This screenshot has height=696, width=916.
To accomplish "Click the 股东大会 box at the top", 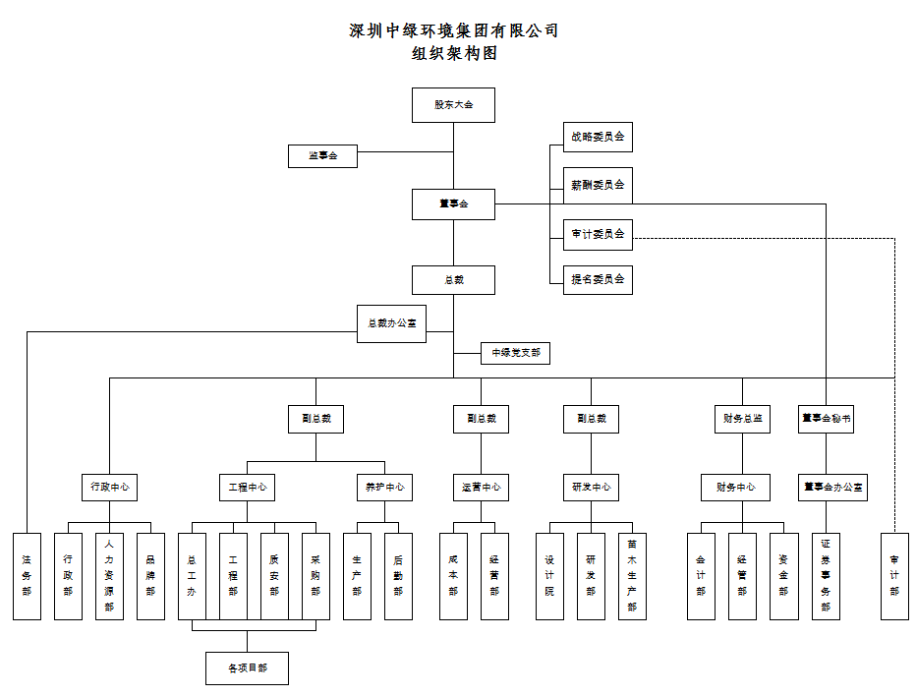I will point(453,105).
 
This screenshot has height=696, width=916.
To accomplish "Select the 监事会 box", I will point(322,156).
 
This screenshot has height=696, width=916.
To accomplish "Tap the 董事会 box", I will point(453,204).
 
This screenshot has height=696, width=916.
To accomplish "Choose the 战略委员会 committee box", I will point(598,138).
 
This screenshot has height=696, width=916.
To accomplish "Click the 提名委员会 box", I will point(598,279).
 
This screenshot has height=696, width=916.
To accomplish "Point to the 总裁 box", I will point(453,280).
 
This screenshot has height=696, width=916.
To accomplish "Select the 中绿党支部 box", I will point(515,352).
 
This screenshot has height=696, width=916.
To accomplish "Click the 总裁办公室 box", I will point(391,323).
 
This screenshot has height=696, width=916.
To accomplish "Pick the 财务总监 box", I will point(742,418).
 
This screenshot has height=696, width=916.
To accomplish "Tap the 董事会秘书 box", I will point(826,418).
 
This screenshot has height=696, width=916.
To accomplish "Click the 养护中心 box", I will point(384,487).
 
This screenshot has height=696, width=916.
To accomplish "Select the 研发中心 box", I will point(591,487).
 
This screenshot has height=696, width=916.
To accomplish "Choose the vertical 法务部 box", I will point(27,576).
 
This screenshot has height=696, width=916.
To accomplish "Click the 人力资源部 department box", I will point(109,576).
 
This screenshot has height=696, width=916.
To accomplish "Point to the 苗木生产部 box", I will point(632,576).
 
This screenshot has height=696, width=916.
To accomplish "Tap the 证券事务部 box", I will point(826,576).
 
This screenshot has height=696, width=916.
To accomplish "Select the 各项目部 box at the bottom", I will point(247,668).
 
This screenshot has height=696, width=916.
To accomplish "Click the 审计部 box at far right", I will point(894,576).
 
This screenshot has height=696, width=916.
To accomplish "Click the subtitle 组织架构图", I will point(454,54).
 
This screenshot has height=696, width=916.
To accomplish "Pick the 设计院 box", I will point(549,576).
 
